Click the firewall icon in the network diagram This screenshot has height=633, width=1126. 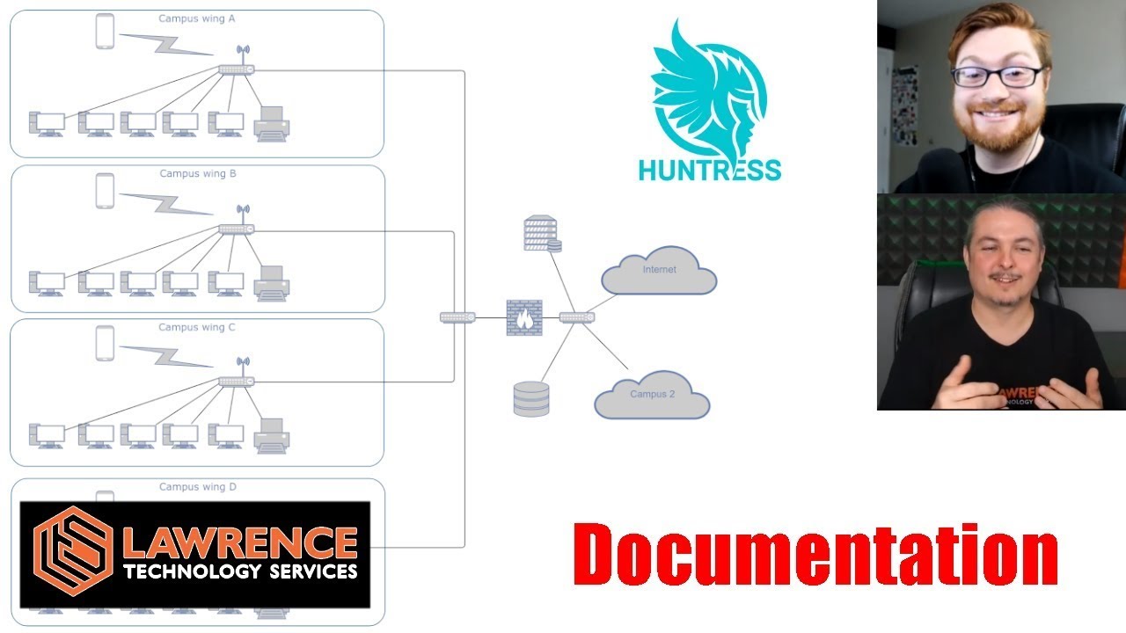pyautogui.click(x=524, y=317)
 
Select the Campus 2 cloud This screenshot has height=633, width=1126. pyautogui.click(x=652, y=395)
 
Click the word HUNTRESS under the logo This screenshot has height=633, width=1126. pyautogui.click(x=709, y=169)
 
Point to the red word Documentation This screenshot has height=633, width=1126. pyautogui.click(x=815, y=556)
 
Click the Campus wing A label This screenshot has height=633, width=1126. pyautogui.click(x=196, y=18)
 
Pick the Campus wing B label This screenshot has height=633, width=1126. pyautogui.click(x=197, y=174)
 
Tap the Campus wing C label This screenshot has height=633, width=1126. pyautogui.click(x=196, y=328)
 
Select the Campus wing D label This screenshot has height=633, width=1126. pyautogui.click(x=197, y=487)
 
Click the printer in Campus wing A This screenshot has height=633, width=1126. pyautogui.click(x=272, y=124)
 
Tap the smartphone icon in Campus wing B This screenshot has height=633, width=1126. pyautogui.click(x=106, y=191)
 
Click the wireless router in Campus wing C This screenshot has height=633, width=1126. pyautogui.click(x=237, y=378)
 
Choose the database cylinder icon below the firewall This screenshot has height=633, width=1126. pyautogui.click(x=531, y=397)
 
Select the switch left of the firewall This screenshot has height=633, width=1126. pyautogui.click(x=457, y=317)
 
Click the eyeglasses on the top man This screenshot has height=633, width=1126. pyautogui.click(x=997, y=76)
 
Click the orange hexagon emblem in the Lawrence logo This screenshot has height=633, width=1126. pyautogui.click(x=73, y=553)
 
